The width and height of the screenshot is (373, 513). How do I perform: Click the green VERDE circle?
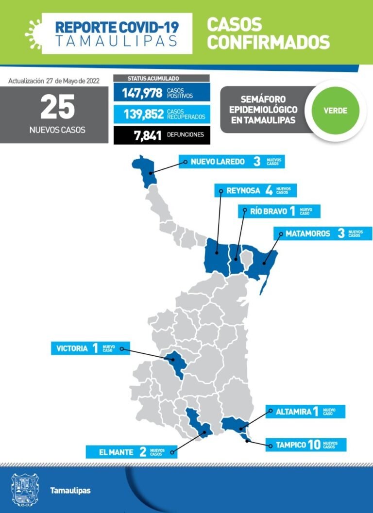point(336,111)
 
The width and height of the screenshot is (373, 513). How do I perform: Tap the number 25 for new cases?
point(57,107)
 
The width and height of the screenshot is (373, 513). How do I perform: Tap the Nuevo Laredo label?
point(217,162)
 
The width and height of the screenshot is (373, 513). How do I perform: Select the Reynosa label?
point(243,191)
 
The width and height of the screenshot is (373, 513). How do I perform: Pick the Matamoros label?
point(308,233)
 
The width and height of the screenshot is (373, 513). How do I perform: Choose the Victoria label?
point(72,348)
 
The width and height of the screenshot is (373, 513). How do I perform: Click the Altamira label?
point(293,412)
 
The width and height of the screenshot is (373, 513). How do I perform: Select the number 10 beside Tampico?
point(314,445)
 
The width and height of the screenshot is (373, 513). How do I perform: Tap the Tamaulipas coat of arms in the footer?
point(25,490)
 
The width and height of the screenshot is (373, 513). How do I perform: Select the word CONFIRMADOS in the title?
point(268,42)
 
